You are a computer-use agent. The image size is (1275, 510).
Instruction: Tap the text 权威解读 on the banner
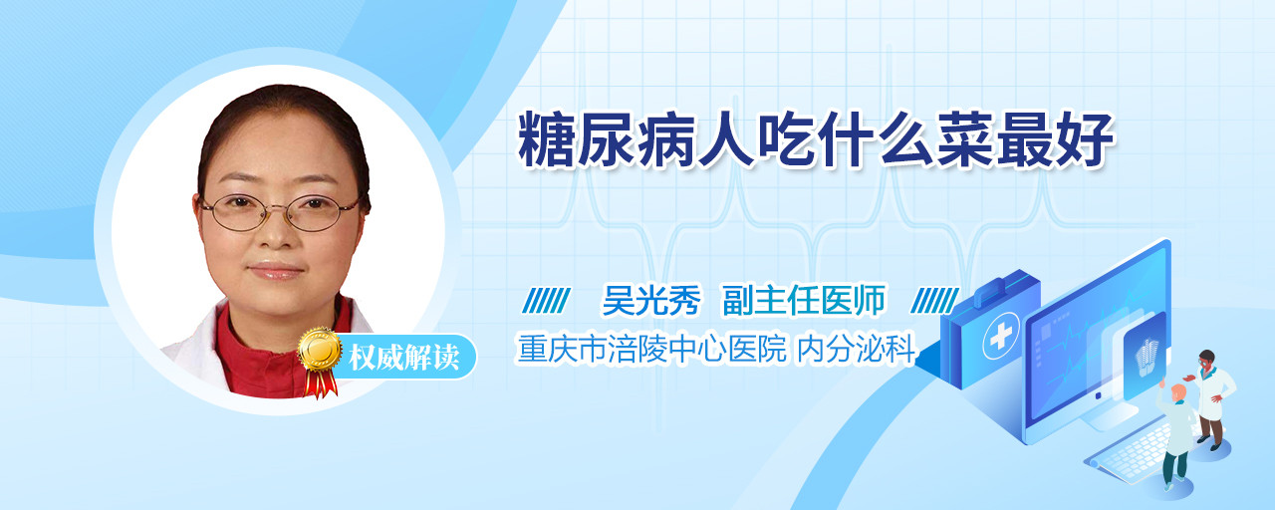pyautogui.click(x=404, y=358)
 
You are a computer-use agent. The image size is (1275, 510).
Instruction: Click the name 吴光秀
pyautogui.click(x=651, y=300)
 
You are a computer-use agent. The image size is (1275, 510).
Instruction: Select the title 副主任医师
pyautogui.click(x=804, y=300)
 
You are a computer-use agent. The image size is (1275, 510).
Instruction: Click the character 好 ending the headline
pyautogui.click(x=1085, y=138)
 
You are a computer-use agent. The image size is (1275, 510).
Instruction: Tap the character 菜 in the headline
pyautogui.click(x=965, y=138)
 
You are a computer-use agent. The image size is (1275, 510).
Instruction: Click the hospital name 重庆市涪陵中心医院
pyautogui.click(x=652, y=349)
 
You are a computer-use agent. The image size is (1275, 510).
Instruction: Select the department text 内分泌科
pyautogui.click(x=856, y=349)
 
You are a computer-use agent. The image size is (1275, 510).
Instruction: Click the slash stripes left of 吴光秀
pyautogui.click(x=547, y=301)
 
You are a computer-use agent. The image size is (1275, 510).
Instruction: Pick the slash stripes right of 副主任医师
pyautogui.click(x=935, y=301)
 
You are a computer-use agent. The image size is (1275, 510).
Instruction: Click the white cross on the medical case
pyautogui.click(x=1001, y=336)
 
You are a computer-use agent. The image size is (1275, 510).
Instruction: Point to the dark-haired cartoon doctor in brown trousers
pyautogui.click(x=1211, y=399)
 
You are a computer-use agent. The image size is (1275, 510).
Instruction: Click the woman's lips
pyautogui.click(x=276, y=270)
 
